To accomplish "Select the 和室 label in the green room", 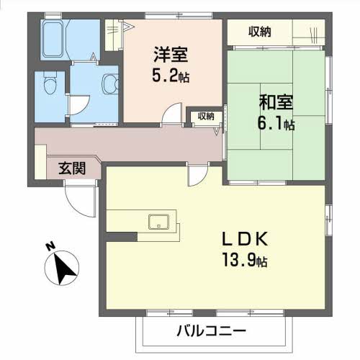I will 276,103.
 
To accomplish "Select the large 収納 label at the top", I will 260,31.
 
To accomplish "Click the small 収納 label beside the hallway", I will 206,117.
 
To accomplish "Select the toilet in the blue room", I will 48,85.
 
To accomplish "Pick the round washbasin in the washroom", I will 110,84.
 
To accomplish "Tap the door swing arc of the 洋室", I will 173,115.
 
